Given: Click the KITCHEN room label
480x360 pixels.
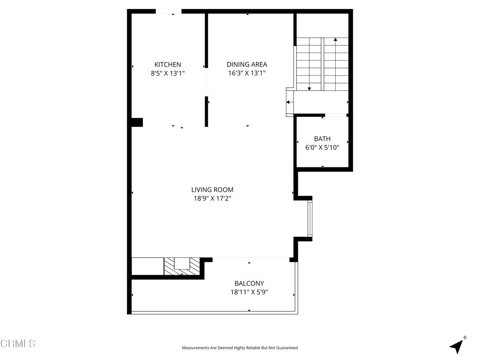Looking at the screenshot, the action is point(168,65).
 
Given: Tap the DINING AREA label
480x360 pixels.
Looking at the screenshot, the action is point(247,64).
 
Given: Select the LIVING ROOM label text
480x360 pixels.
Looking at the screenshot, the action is point(212,190).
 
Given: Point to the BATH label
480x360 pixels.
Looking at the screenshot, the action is point(322,139).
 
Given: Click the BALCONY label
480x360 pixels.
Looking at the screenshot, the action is point(249,284).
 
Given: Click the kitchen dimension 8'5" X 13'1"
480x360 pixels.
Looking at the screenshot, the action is point(168,73).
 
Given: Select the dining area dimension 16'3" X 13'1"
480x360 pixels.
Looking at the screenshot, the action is point(247,73).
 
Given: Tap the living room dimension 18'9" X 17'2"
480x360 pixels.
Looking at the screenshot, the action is point(212,198).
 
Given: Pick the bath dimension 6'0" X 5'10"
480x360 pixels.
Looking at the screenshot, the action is point(322,148).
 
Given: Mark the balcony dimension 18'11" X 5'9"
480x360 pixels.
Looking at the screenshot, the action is point(249,292).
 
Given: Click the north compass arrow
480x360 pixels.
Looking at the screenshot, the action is point(457,346).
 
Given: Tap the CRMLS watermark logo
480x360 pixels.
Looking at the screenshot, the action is point(18,344).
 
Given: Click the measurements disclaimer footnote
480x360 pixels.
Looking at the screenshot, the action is point(240,348).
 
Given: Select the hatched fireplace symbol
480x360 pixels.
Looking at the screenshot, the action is point(182,266).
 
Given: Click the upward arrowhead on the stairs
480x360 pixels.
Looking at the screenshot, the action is point(336,39).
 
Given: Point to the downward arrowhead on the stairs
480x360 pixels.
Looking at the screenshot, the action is point(309,89).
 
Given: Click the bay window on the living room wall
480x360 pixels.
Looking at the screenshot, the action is point(310,218).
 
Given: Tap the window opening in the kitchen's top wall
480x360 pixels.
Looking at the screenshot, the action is point(168,11).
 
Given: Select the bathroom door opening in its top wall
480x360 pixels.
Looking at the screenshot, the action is point(336,115).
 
